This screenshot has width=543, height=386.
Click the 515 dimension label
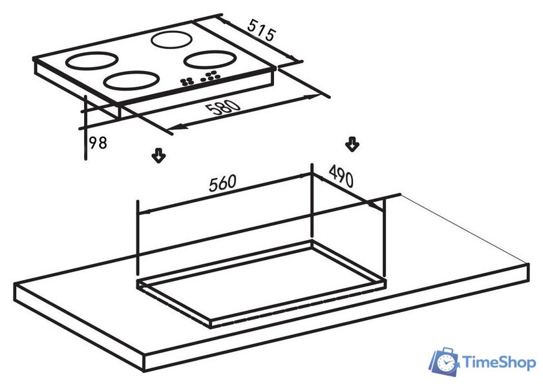261,30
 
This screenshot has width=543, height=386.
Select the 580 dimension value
222,108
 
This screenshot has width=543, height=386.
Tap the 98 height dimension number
98,143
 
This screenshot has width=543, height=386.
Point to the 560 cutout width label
222,183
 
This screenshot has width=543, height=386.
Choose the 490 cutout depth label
341,176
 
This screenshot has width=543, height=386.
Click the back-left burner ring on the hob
92,60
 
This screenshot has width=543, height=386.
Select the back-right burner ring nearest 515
171,39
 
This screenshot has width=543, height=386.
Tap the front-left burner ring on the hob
132,80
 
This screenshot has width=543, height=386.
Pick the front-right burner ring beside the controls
210,59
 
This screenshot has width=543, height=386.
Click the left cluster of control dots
187,81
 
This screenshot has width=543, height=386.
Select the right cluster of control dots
211,76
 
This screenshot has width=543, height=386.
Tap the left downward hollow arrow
158,156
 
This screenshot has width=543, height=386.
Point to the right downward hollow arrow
352,144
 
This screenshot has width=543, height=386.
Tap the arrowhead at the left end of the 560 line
145,212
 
